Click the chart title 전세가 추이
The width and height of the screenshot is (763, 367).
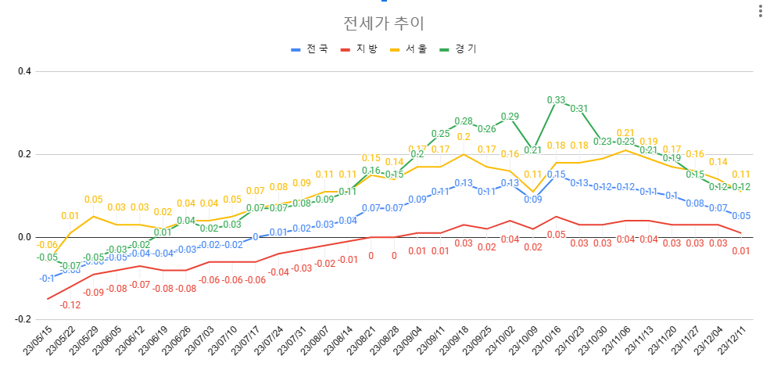(382, 23)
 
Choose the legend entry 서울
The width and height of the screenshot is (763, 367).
(416, 49)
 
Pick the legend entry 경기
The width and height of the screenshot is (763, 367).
(466, 49)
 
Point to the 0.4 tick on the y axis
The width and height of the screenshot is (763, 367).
(24, 71)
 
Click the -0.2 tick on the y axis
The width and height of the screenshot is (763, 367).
(23, 320)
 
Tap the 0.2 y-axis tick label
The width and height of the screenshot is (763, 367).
(24, 154)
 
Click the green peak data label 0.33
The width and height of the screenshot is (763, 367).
(556, 100)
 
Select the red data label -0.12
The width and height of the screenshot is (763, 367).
(71, 304)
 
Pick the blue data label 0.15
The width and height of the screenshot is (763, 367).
(556, 175)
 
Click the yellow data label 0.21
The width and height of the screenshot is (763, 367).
(625, 133)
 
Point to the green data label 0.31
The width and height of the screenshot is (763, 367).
(579, 109)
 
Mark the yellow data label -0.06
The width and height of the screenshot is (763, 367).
(48, 245)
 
